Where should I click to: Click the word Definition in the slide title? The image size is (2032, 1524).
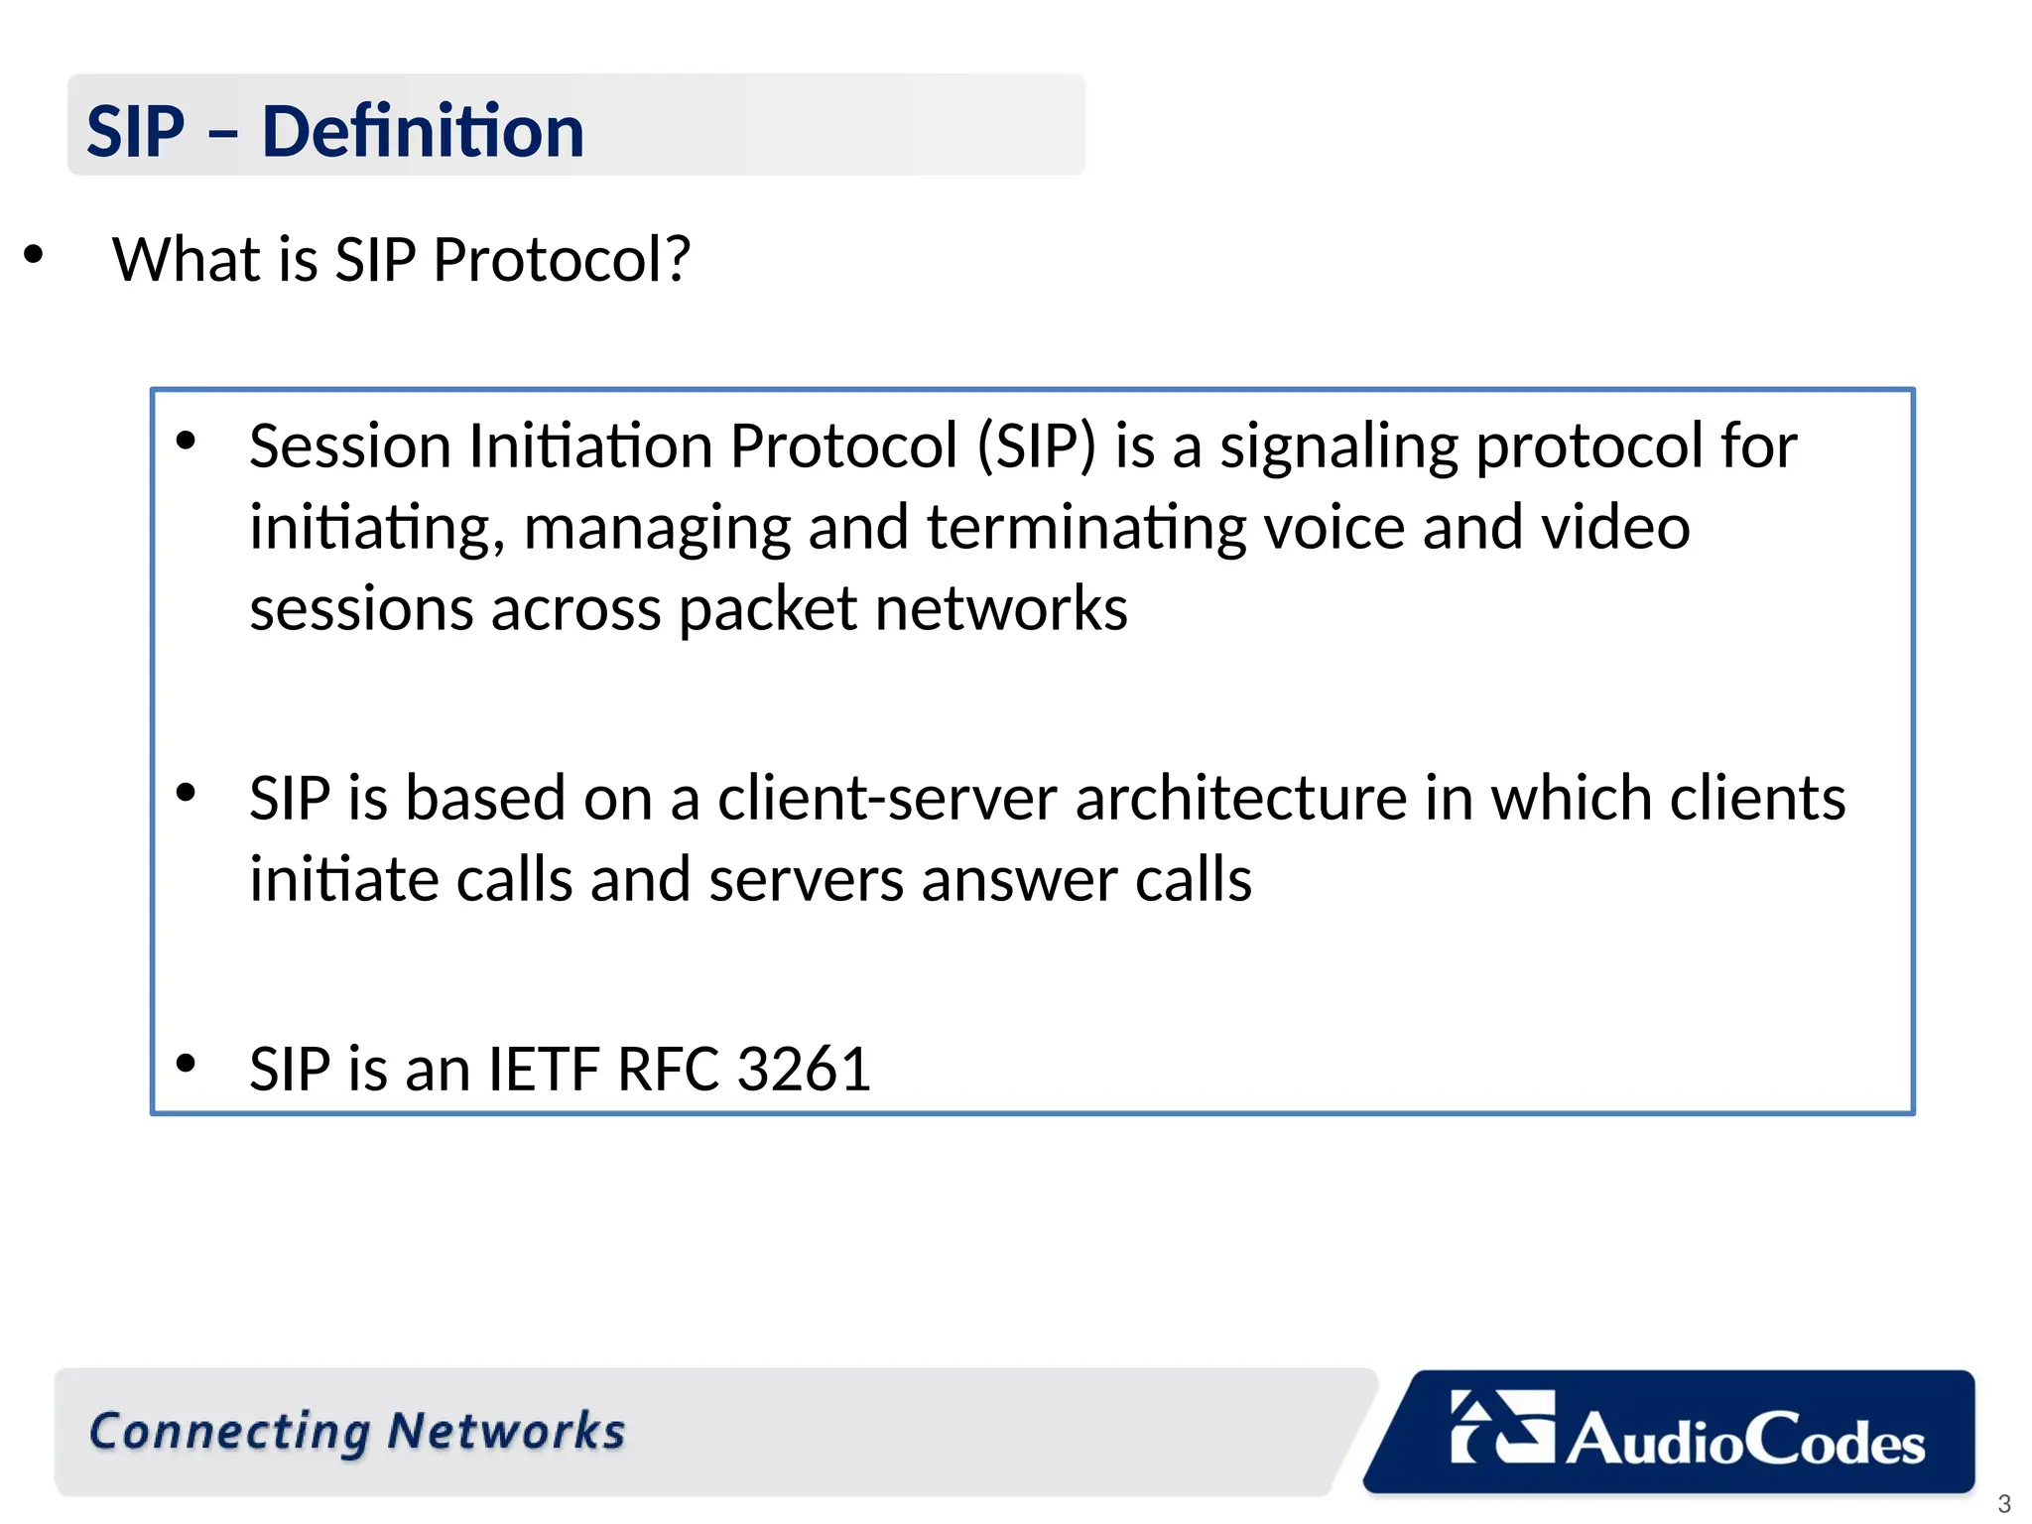[x=423, y=131]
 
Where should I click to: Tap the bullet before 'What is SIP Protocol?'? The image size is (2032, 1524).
[x=34, y=255]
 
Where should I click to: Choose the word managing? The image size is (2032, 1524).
[x=657, y=528]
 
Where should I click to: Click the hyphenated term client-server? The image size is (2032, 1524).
[x=887, y=798]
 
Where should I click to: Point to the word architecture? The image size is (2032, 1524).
[x=1240, y=798]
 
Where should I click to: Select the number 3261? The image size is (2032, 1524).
[x=804, y=1070]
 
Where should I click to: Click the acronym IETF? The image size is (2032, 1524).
[x=543, y=1070]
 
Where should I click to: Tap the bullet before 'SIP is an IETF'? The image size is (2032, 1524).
[x=186, y=1064]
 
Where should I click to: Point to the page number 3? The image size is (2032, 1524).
[x=2003, y=1503]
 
